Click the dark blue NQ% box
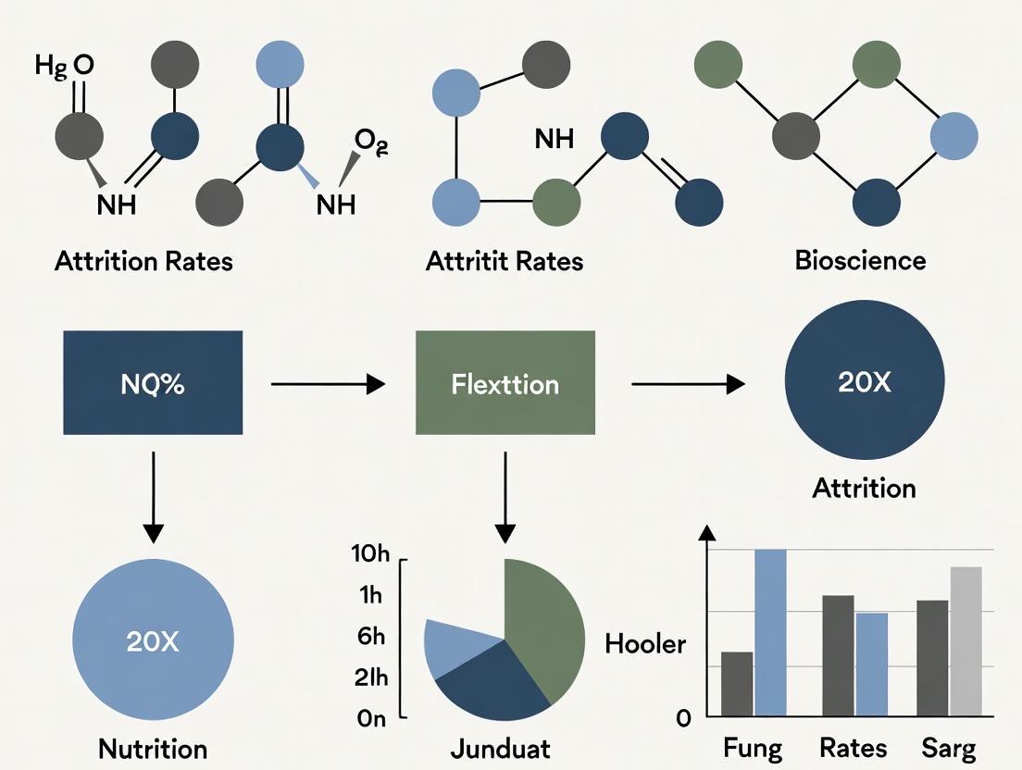(153, 383)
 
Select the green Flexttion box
(505, 383)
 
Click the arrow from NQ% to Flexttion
(328, 383)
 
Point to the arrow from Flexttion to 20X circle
(688, 383)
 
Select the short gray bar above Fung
(737, 684)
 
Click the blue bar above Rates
(871, 664)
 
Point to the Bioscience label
(860, 260)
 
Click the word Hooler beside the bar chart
(645, 644)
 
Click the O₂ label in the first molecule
(369, 142)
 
